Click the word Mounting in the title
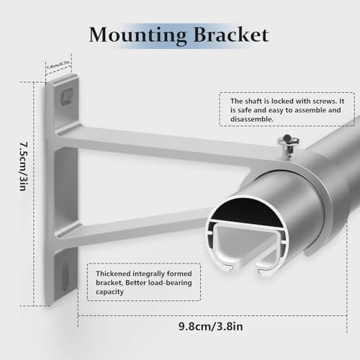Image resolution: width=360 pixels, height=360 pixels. coord(138,35)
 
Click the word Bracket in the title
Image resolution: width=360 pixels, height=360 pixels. coord(231,35)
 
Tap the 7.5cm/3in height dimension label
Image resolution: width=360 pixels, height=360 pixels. coord(24,166)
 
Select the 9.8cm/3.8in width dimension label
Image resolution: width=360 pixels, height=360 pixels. coord(210,326)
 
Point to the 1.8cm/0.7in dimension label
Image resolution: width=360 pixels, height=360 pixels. coord(58,65)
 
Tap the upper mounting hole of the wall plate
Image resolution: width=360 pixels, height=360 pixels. coord(67,96)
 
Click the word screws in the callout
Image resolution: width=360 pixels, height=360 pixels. coord(322,102)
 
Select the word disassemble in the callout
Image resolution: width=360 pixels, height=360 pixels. coord(252,119)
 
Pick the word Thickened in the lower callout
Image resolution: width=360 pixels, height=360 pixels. coord(113,274)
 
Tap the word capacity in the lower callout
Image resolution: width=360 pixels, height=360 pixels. coord(109,292)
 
